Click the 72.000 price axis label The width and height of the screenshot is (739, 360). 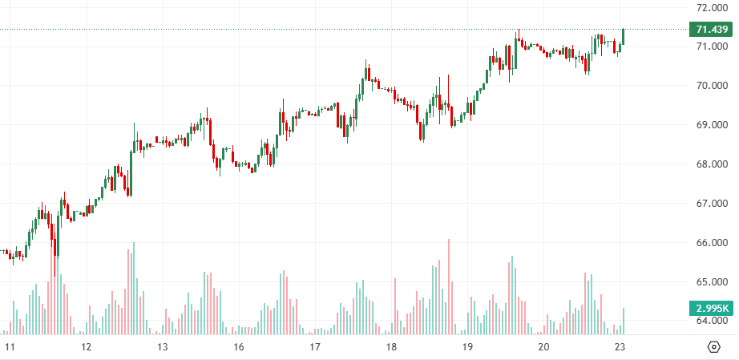click(712, 8)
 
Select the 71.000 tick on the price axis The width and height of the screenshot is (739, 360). click(712, 47)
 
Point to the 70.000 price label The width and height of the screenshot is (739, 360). click(712, 86)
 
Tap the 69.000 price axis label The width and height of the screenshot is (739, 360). click(712, 125)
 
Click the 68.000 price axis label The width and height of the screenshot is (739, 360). click(712, 164)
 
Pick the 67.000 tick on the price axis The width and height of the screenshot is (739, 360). click(712, 204)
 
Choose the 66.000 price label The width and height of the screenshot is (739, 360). click(712, 243)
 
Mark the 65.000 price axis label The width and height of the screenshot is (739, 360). click(712, 282)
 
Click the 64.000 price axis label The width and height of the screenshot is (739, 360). click(712, 321)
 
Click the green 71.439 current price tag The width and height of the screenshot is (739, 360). click(712, 30)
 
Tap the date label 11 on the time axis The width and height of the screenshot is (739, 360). click(10, 347)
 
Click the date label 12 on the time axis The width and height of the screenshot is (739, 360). click(86, 347)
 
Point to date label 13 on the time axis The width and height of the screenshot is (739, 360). click(162, 347)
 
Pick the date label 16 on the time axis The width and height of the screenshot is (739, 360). click(238, 347)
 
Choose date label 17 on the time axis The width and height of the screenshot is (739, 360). click(314, 347)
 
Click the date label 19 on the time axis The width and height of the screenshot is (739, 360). click(467, 347)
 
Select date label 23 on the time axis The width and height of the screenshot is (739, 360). click(620, 347)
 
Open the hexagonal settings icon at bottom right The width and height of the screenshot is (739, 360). click(714, 347)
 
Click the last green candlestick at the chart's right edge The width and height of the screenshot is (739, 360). click(623, 37)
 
